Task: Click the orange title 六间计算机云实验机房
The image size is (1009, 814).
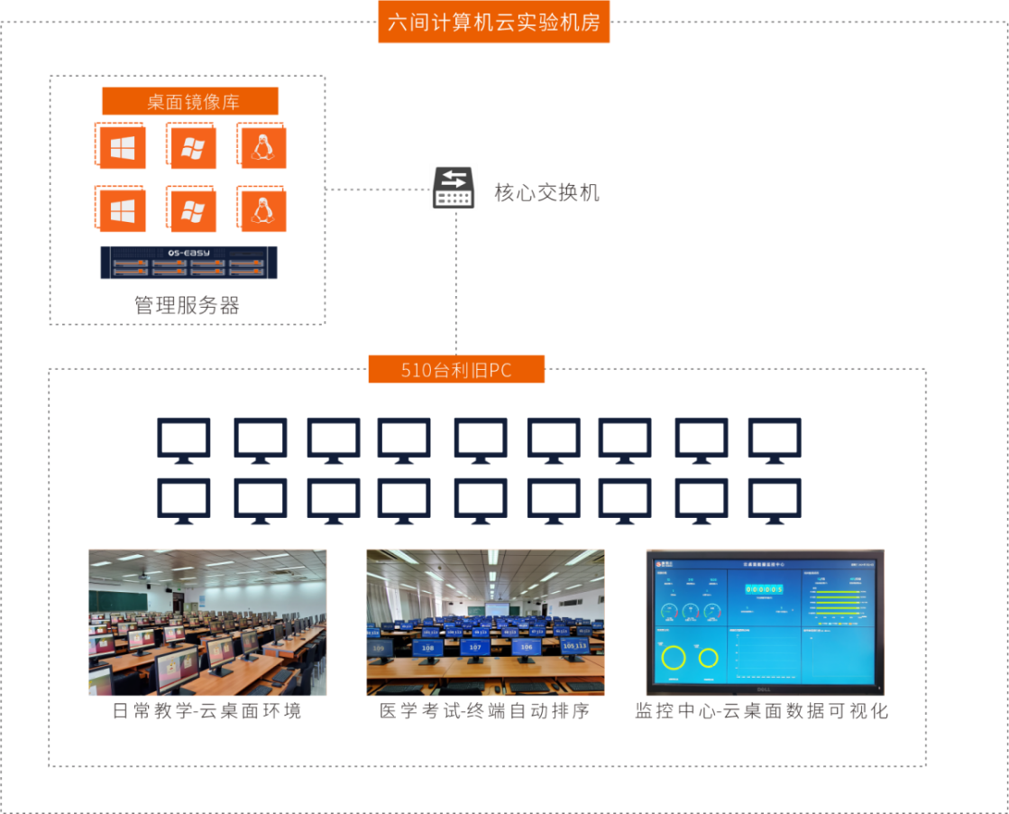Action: (x=494, y=23)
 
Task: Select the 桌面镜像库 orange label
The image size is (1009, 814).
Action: (x=190, y=102)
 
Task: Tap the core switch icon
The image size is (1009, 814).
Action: (x=453, y=188)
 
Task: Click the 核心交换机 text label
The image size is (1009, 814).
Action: (x=546, y=193)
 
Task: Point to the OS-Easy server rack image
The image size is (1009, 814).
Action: (x=189, y=263)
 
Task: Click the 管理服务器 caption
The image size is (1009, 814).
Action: (x=188, y=306)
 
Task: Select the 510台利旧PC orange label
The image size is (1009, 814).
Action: (x=456, y=370)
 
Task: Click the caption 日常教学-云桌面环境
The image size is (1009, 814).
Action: (x=206, y=711)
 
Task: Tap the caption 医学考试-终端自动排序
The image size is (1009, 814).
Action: (x=485, y=711)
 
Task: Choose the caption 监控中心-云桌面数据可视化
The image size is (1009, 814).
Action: (x=762, y=711)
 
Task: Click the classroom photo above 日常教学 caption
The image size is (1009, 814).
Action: (x=207, y=623)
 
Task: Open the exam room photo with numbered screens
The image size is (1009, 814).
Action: (x=485, y=623)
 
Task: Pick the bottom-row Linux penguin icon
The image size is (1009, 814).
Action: (x=262, y=210)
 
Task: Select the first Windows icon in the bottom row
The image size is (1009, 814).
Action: (x=122, y=210)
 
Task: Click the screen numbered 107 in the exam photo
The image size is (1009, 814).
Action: (x=475, y=647)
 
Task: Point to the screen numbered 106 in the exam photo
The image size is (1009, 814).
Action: (x=527, y=646)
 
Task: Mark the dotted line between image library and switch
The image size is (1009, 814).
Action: (x=375, y=190)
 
